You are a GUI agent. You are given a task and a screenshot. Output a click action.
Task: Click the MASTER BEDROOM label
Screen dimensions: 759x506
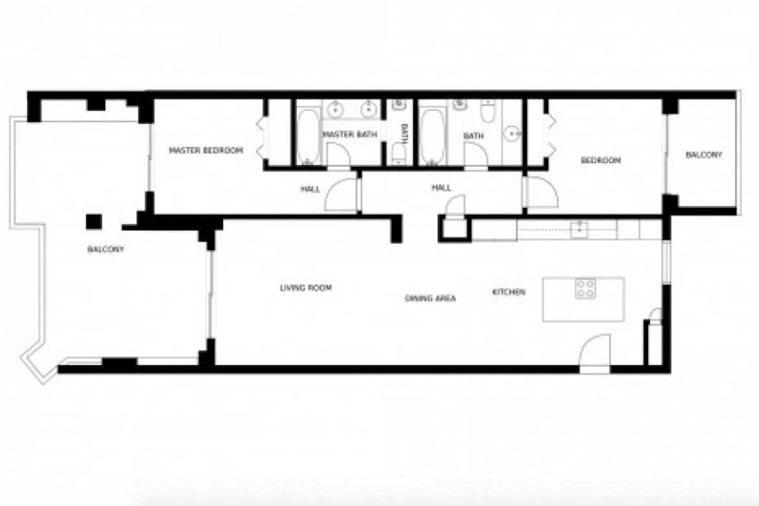coord(206,150)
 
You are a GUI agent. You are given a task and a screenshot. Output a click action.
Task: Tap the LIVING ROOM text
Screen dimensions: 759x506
coord(306,288)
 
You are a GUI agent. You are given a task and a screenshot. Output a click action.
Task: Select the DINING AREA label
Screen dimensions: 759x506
coord(430,298)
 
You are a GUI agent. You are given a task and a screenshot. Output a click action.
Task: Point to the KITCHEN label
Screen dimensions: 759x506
coord(509,292)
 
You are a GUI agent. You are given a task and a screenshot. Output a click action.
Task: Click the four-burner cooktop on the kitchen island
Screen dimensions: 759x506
coord(585,288)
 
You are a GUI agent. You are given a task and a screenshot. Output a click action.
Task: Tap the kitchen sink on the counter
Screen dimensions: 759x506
coord(579,229)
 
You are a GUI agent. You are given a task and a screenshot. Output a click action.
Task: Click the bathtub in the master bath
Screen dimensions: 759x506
coord(307,136)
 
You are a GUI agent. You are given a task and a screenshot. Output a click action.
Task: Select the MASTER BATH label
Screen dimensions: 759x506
coord(350,134)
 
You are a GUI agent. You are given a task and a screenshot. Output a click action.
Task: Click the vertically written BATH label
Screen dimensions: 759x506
coord(405,134)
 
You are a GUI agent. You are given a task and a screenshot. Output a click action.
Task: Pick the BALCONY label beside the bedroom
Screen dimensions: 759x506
coord(704,155)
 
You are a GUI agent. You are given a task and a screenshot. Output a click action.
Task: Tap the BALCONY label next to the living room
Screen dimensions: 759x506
coord(106,249)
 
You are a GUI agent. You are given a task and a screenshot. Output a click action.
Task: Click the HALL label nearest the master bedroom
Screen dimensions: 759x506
coord(310,189)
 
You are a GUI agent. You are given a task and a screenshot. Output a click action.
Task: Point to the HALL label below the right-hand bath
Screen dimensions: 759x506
coord(442,188)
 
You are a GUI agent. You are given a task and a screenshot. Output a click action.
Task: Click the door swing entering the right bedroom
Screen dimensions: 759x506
coord(541,192)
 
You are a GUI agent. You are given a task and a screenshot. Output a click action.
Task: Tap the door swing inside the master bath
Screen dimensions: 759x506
coord(338,155)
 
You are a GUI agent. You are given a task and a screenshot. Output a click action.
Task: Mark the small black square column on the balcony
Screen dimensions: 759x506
coord(94,221)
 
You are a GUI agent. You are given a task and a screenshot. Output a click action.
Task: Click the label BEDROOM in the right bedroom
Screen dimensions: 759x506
coord(601,160)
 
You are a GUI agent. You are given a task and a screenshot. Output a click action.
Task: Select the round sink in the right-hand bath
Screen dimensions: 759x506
coord(512,133)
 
